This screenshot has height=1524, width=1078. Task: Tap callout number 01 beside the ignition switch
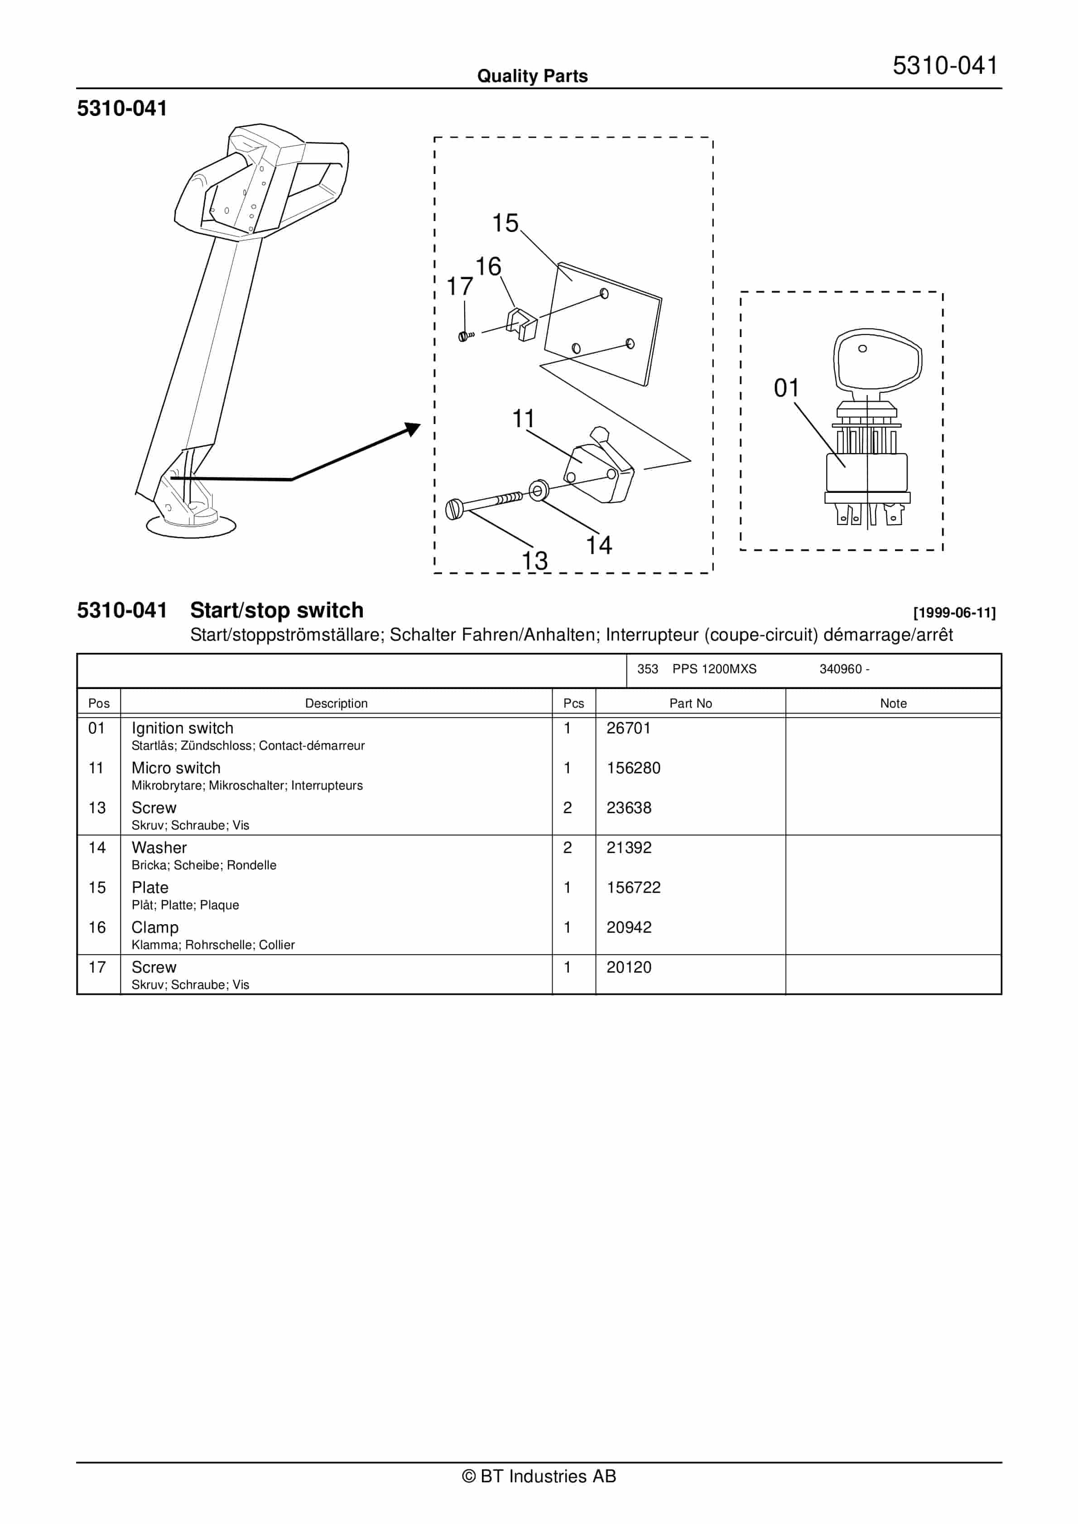[787, 388]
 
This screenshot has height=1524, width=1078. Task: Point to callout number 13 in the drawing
[534, 561]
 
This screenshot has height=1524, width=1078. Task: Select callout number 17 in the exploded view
[459, 287]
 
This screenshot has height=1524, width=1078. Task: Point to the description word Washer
[159, 848]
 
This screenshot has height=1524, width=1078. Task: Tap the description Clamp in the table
[154, 927]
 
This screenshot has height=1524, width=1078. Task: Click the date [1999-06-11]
[954, 613]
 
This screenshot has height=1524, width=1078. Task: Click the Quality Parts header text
[532, 76]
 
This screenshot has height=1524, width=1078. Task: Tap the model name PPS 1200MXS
[714, 669]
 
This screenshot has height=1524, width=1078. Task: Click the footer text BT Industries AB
[539, 1476]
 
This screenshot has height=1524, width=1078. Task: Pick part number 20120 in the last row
[629, 967]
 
